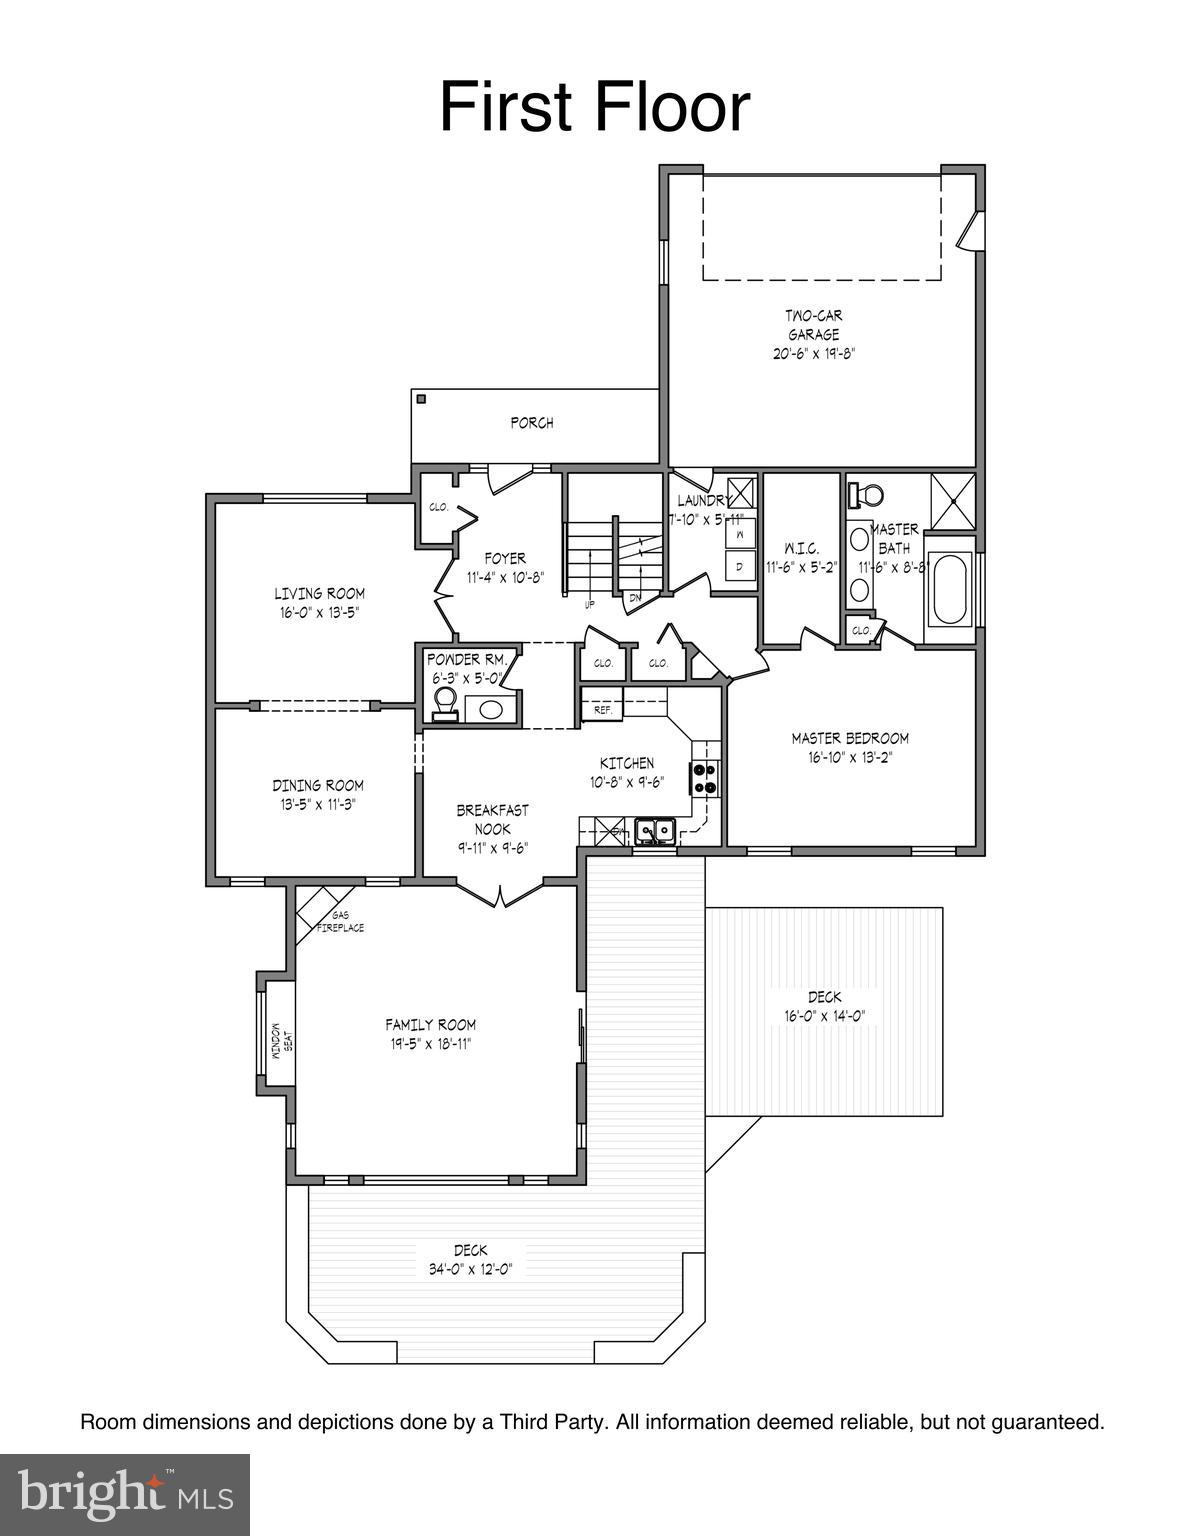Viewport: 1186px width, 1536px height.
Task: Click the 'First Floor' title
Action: (x=594, y=108)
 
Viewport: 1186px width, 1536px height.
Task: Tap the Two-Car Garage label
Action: (x=813, y=325)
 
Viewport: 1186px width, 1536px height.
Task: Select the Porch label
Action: (x=532, y=423)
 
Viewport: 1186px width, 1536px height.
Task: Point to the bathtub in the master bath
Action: (x=948, y=590)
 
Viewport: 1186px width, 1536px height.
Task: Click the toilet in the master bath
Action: (x=867, y=494)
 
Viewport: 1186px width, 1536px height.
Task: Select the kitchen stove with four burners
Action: (x=704, y=777)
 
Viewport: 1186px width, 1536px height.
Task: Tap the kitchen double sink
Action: (x=655, y=830)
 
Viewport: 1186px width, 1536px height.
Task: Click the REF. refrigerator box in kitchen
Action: (x=603, y=709)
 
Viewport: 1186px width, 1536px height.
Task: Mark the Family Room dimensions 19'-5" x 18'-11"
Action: (x=431, y=1044)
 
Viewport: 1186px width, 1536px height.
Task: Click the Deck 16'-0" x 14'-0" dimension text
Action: (x=824, y=1016)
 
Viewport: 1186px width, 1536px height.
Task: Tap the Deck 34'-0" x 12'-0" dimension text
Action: (x=470, y=1269)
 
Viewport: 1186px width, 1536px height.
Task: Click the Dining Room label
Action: (x=318, y=785)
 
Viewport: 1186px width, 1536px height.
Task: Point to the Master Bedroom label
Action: (x=850, y=738)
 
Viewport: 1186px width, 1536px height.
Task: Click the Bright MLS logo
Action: (x=125, y=1494)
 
